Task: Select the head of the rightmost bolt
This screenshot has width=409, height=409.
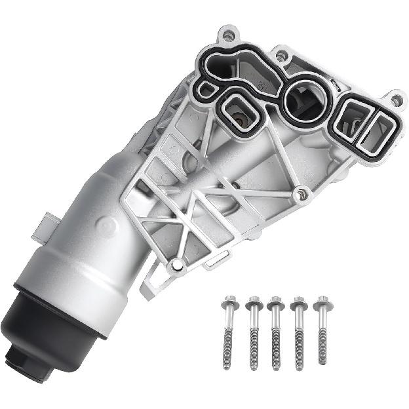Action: [x=321, y=303]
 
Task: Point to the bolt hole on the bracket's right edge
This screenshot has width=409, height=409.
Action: [x=302, y=193]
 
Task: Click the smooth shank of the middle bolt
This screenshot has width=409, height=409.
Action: [x=275, y=321]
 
